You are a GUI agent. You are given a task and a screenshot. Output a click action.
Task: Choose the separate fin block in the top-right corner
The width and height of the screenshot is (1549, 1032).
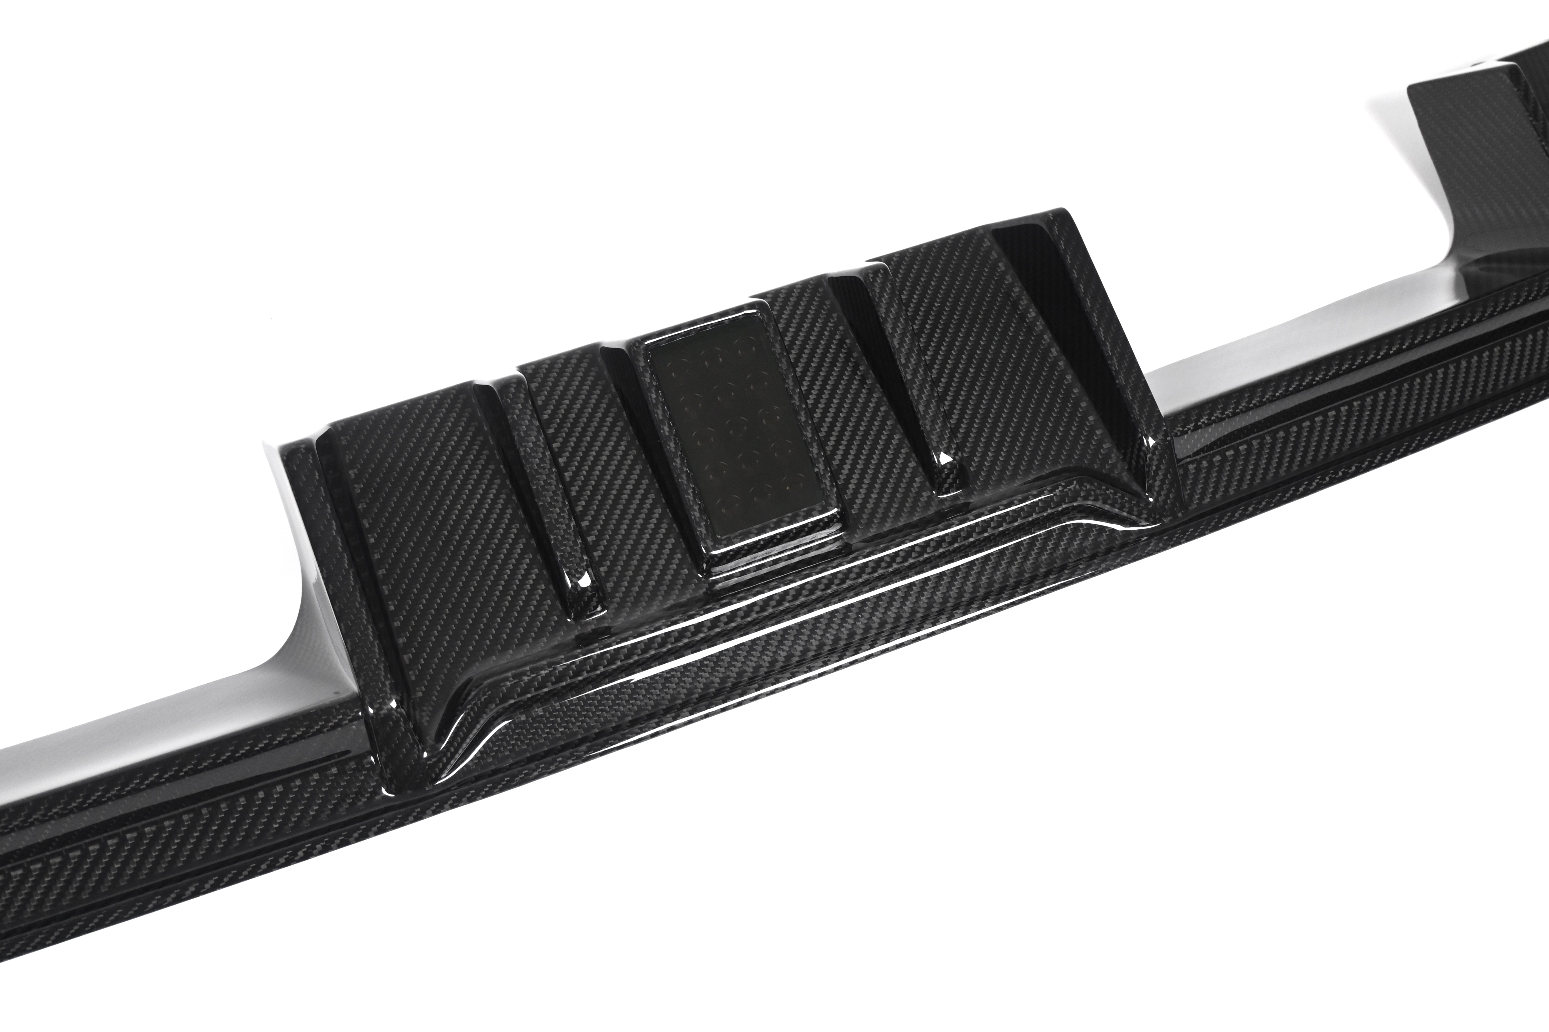tap(1482, 132)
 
